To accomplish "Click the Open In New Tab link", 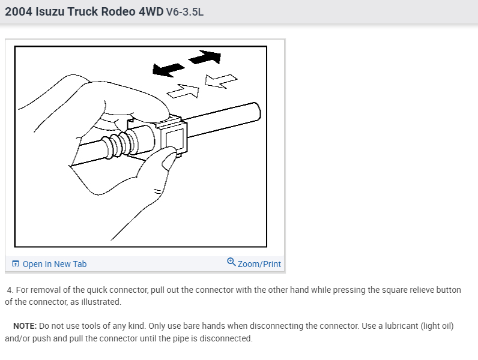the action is [55, 264].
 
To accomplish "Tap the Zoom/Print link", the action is [259, 264].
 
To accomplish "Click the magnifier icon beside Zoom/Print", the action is [231, 262].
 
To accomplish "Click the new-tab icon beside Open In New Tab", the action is [16, 264].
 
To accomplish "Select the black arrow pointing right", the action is [204, 58].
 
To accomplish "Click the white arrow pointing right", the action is [183, 91].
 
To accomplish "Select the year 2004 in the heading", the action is [18, 11].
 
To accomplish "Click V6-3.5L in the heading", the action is [184, 11].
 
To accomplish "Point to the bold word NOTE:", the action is [25, 326].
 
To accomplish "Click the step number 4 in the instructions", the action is [10, 290].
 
